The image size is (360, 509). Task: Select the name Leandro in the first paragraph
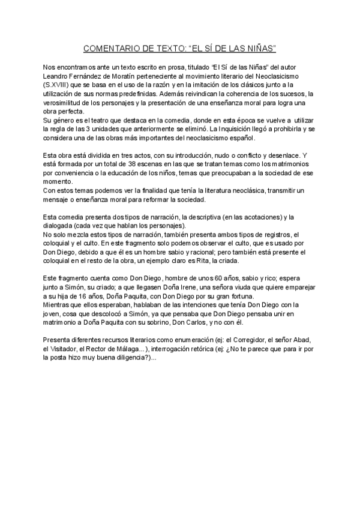point(58,77)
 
